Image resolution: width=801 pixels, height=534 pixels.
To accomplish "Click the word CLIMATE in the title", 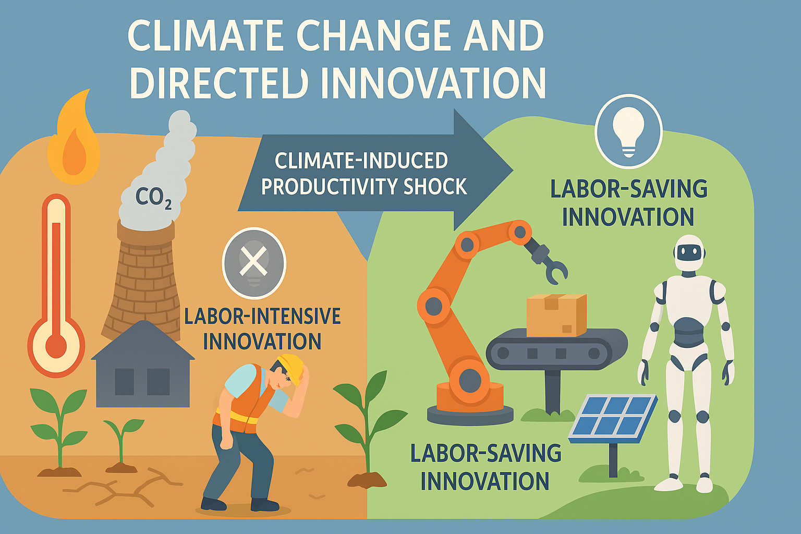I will tap(206, 37).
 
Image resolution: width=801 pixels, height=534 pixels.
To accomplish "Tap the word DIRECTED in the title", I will tap(219, 83).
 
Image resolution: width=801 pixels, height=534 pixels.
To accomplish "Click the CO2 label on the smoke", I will tap(153, 198).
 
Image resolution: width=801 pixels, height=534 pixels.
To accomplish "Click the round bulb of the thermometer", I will tap(56, 346).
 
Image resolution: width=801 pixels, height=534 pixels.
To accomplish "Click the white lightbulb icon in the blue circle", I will tap(628, 131).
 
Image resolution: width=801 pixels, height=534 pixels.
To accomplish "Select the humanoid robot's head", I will tap(689, 253).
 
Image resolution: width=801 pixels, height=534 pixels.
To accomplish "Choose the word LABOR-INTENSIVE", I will tap(262, 317).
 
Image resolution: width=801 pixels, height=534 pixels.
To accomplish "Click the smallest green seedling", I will tap(122, 441).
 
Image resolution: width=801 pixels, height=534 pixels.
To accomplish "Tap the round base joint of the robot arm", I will tap(469, 380).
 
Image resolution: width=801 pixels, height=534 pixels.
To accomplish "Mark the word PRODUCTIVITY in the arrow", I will tap(328, 187).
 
